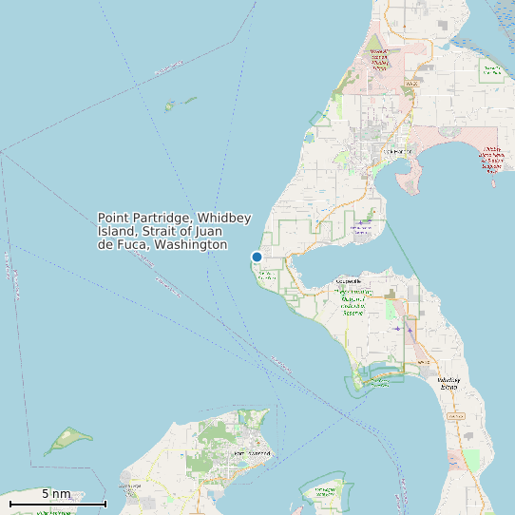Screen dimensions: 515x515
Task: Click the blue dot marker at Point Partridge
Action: click(x=257, y=257)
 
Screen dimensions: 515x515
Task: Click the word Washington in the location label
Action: click(x=191, y=245)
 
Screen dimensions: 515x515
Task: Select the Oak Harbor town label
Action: click(x=396, y=151)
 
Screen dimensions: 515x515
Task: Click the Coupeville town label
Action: click(x=351, y=282)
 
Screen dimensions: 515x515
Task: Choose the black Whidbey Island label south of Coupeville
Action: click(x=448, y=384)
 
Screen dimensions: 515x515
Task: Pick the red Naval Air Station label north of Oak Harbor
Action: click(x=379, y=58)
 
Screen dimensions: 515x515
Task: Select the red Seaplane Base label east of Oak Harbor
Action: click(x=491, y=161)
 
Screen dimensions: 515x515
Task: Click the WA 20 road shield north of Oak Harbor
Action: click(x=411, y=85)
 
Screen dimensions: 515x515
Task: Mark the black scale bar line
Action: click(x=57, y=503)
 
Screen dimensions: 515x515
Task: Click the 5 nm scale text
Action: click(x=56, y=493)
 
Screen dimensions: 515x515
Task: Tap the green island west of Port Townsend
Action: click(x=67, y=440)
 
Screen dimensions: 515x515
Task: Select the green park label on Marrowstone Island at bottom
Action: click(x=325, y=492)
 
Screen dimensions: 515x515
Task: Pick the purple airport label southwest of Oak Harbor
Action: click(x=361, y=228)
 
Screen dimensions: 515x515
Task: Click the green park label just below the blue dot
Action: click(x=266, y=276)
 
